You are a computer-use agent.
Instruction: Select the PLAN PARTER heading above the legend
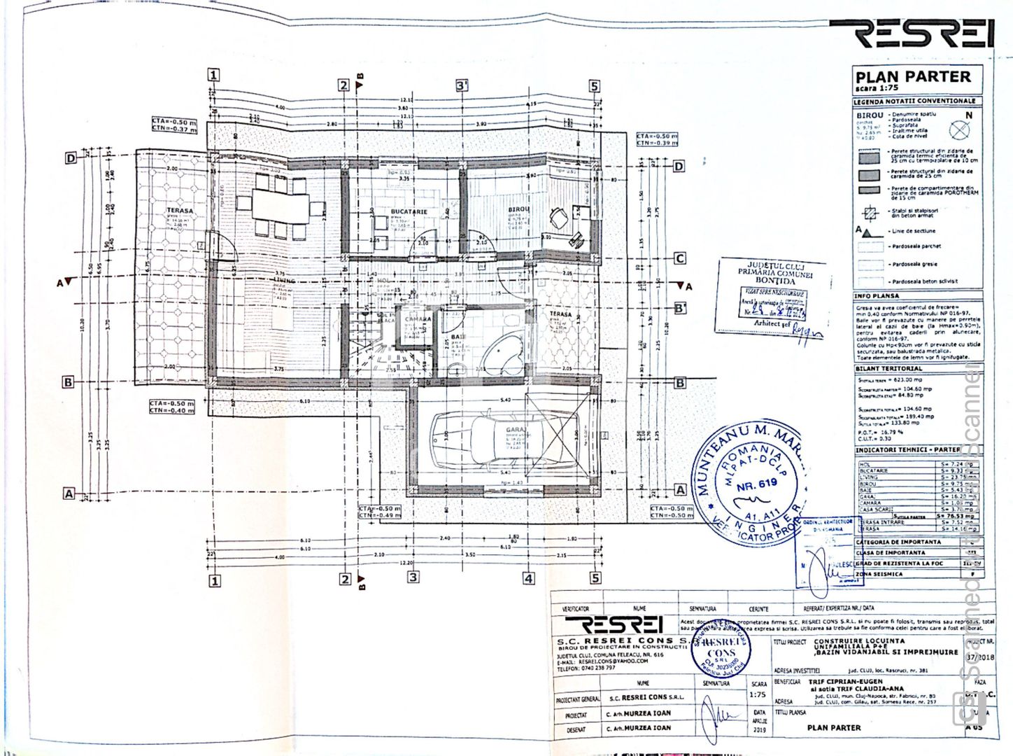click(x=912, y=77)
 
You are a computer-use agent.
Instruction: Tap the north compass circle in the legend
click(x=959, y=129)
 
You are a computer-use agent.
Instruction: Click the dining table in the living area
click(x=280, y=206)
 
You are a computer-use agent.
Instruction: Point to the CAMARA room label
click(x=418, y=318)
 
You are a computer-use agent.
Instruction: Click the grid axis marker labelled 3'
click(x=462, y=85)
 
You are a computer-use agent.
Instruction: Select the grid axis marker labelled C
click(x=679, y=258)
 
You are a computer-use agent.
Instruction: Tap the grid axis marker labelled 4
click(x=529, y=578)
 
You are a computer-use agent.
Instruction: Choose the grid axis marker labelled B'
click(x=679, y=308)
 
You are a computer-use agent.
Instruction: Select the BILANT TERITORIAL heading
click(x=889, y=368)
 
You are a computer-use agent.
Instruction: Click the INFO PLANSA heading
click(x=877, y=296)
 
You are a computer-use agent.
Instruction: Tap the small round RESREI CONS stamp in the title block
click(x=721, y=652)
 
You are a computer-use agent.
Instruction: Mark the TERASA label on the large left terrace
click(x=180, y=211)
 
